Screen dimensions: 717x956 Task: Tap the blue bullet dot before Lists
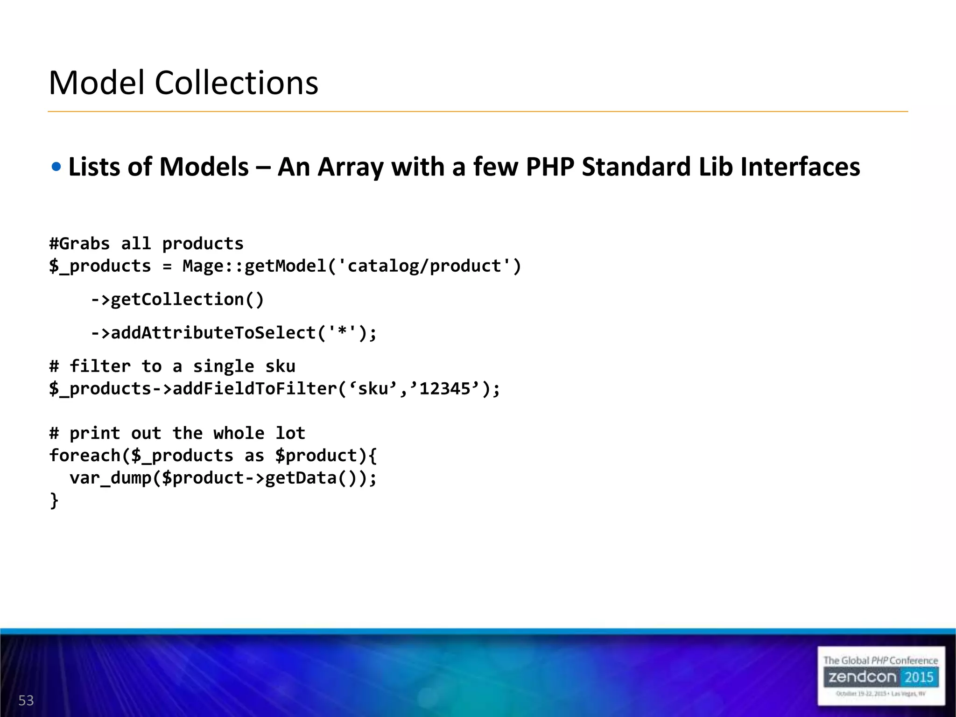56,167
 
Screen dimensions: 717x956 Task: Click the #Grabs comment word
79,244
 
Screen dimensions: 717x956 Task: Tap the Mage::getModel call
255,266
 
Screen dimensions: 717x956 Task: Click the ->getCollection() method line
177,299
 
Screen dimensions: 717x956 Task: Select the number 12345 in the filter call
445,388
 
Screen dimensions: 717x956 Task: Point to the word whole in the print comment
239,433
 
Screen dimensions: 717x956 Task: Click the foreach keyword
84,456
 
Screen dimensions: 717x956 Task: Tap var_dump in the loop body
110,478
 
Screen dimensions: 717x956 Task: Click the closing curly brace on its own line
54,500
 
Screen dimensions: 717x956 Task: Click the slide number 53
26,700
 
